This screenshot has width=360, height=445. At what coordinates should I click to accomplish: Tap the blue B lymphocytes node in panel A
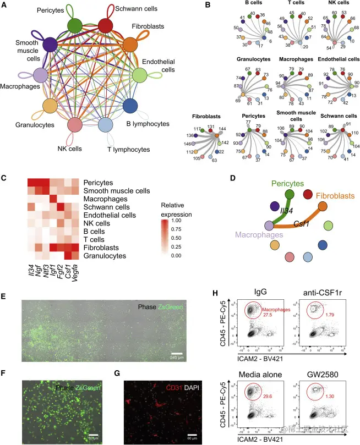130,105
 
